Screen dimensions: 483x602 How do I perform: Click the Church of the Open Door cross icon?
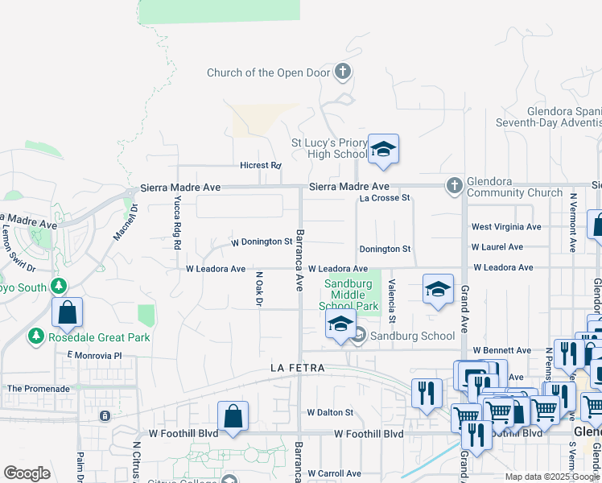click(x=343, y=72)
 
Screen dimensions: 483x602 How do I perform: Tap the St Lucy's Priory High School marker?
click(x=384, y=150)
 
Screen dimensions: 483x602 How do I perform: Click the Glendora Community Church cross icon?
click(x=454, y=187)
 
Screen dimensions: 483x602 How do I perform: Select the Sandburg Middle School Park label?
click(x=349, y=295)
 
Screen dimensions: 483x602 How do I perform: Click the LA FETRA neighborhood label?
click(x=297, y=368)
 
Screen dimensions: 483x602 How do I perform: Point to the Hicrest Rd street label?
click(x=260, y=165)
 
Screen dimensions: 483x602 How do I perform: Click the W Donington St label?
click(x=261, y=242)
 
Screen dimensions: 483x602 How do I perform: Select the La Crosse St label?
click(x=385, y=197)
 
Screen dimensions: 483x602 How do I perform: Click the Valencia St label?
click(x=392, y=301)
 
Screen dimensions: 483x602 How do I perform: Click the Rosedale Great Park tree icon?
click(x=35, y=336)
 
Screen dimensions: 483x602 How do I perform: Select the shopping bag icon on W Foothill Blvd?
click(x=233, y=416)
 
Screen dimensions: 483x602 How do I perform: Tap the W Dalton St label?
click(x=329, y=412)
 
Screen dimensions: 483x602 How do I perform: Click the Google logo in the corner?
click(x=27, y=473)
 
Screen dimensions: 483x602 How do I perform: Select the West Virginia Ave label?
click(x=506, y=228)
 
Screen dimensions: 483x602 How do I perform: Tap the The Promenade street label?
click(x=38, y=389)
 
